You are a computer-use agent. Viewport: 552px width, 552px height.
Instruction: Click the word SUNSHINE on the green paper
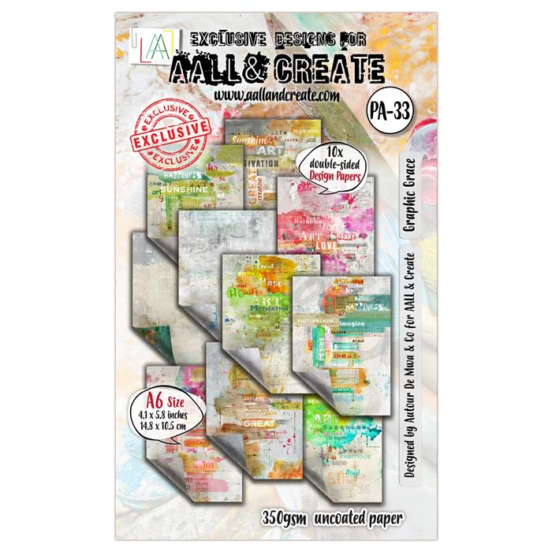click(x=183, y=189)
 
